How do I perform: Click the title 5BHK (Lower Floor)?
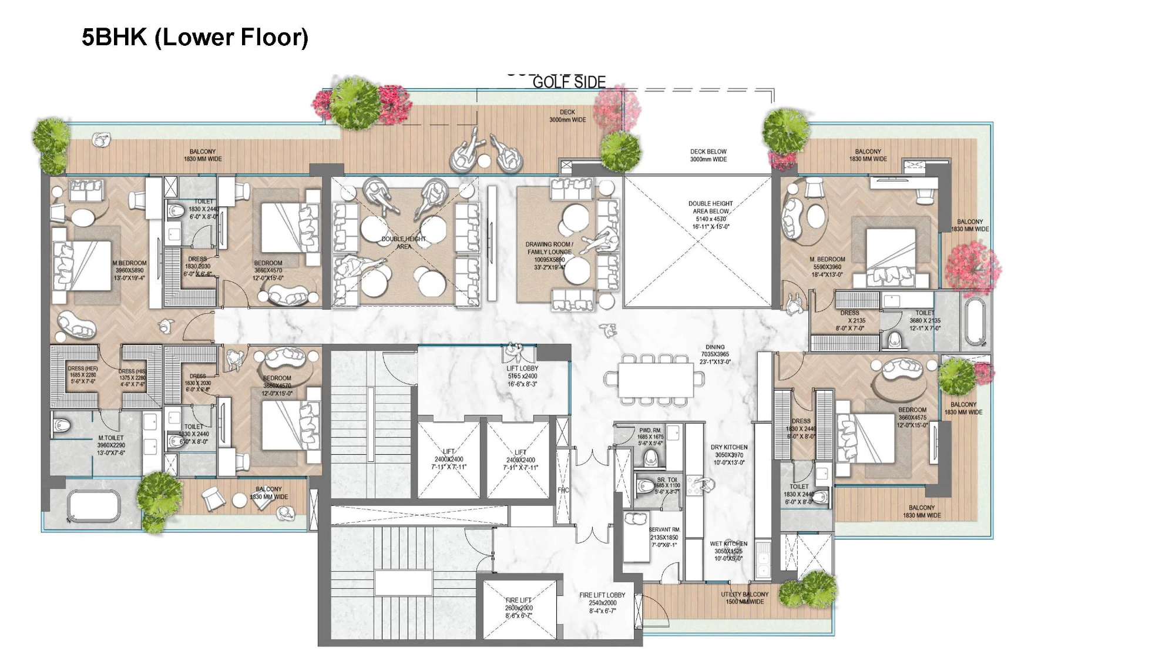[x=194, y=37]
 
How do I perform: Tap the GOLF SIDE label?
[x=569, y=82]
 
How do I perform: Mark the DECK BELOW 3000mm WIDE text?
[x=708, y=155]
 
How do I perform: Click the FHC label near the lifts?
[x=562, y=490]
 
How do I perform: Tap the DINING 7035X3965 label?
[x=714, y=354]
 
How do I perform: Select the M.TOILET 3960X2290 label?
[x=111, y=445]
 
